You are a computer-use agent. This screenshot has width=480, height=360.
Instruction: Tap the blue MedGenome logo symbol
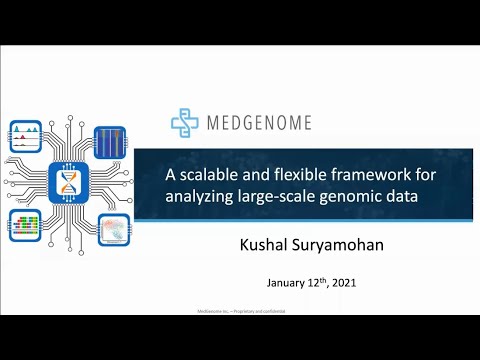[185, 122]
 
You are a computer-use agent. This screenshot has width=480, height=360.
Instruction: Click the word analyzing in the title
[200, 196]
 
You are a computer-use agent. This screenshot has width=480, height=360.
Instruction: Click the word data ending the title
[410, 196]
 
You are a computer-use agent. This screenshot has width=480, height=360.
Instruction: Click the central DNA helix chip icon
[68, 181]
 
